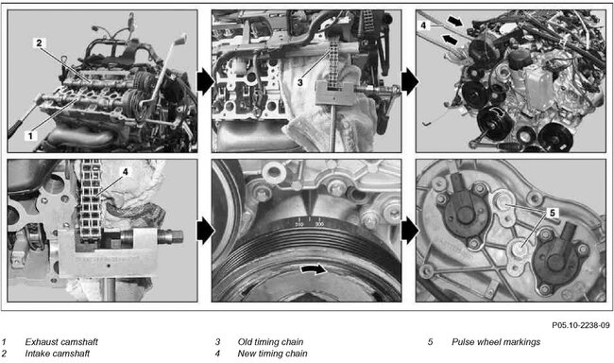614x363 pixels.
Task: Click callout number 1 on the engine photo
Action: [30, 135]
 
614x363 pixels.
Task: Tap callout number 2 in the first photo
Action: [39, 43]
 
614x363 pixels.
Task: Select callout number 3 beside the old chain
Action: [300, 82]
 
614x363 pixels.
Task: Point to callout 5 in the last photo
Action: [553, 213]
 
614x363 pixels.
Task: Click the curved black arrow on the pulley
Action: [313, 268]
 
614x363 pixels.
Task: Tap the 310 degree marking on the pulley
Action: [299, 224]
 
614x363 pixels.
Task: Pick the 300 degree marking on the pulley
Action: [319, 224]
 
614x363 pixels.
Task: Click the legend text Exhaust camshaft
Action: [61, 342]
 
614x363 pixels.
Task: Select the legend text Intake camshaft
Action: [58, 354]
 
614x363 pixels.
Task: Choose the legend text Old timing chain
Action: [270, 342]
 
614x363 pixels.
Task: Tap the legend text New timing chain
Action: [272, 354]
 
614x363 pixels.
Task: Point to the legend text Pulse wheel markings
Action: [496, 342]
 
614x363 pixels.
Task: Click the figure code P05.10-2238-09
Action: [581, 325]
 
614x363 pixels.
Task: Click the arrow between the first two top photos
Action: [205, 81]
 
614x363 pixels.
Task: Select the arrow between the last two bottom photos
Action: [409, 231]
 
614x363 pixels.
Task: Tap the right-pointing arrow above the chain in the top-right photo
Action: [455, 21]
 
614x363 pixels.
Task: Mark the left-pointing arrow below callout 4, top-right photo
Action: [450, 39]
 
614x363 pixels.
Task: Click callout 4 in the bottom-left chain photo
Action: [125, 172]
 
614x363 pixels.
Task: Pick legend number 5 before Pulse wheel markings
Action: [430, 342]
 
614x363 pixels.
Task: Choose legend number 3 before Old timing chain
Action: [217, 342]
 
